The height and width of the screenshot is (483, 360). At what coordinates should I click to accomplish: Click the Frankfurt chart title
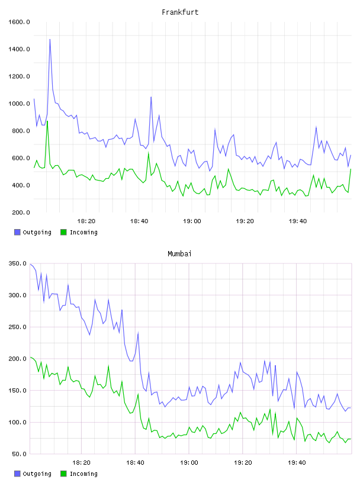(180, 12)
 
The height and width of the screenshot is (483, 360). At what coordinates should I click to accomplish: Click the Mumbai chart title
(179, 254)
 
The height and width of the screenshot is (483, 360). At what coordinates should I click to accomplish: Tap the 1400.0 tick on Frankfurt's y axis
(19, 49)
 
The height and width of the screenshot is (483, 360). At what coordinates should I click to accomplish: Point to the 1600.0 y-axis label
(19, 22)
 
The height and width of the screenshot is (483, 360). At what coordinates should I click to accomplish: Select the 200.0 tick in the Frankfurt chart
(21, 212)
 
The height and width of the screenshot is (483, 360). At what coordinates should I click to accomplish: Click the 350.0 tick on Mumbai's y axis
(17, 263)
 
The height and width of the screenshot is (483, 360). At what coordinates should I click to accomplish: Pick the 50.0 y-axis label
(19, 454)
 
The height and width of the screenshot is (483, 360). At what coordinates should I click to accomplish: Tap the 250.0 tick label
(17, 327)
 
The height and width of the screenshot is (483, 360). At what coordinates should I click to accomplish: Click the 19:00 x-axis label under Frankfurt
(192, 221)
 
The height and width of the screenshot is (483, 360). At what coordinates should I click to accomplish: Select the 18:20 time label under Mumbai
(81, 463)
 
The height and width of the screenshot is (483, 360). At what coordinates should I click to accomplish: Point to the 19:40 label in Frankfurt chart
(298, 221)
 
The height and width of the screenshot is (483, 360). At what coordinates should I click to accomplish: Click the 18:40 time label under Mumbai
(136, 463)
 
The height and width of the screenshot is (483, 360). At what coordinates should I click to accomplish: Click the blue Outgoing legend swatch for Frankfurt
(17, 232)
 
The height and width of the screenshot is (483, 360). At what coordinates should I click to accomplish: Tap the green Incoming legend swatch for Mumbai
(63, 474)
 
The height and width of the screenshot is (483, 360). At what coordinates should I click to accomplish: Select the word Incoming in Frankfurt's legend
(83, 233)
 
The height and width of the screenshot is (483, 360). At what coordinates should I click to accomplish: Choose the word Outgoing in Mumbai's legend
(37, 474)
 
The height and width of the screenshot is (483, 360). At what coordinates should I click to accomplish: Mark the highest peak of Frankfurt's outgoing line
(50, 40)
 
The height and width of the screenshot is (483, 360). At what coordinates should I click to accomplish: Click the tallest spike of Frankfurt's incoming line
(47, 121)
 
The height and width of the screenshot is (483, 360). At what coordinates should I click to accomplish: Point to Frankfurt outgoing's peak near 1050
(151, 97)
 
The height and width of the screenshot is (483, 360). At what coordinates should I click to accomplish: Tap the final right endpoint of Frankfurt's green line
(351, 169)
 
